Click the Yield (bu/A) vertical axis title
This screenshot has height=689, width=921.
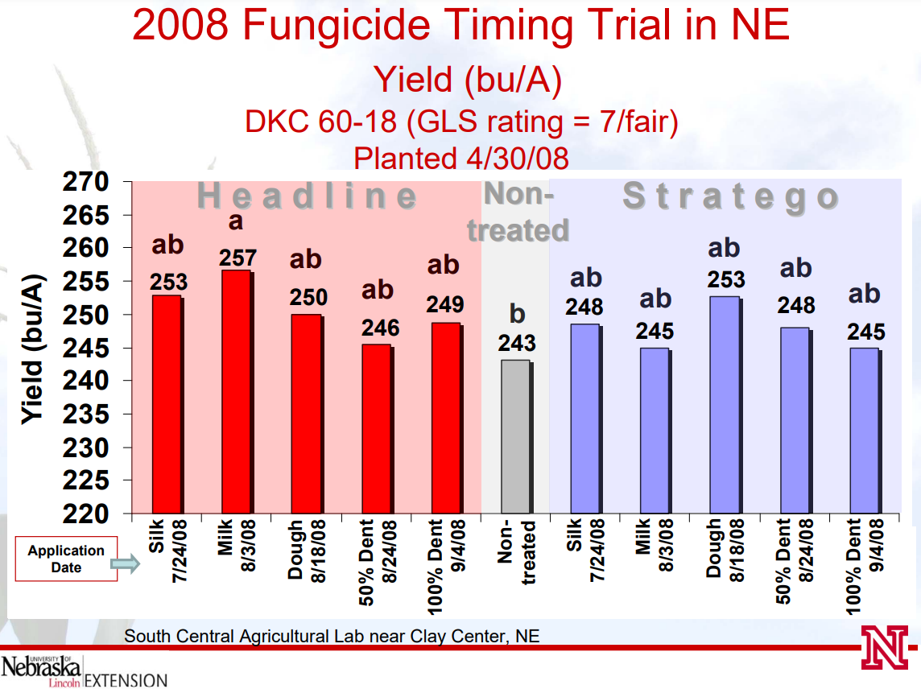click(x=32, y=348)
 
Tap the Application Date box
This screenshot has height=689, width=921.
click(x=66, y=558)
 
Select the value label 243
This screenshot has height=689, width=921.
click(x=517, y=344)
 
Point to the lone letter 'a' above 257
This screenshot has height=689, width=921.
click(x=236, y=221)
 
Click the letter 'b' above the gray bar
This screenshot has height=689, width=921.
click(x=517, y=312)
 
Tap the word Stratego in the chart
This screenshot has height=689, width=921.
click(x=731, y=198)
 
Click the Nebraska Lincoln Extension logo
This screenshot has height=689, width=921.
click(x=84, y=670)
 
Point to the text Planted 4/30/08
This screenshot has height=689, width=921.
click(x=460, y=159)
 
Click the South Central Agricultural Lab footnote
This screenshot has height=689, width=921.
click(x=331, y=636)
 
